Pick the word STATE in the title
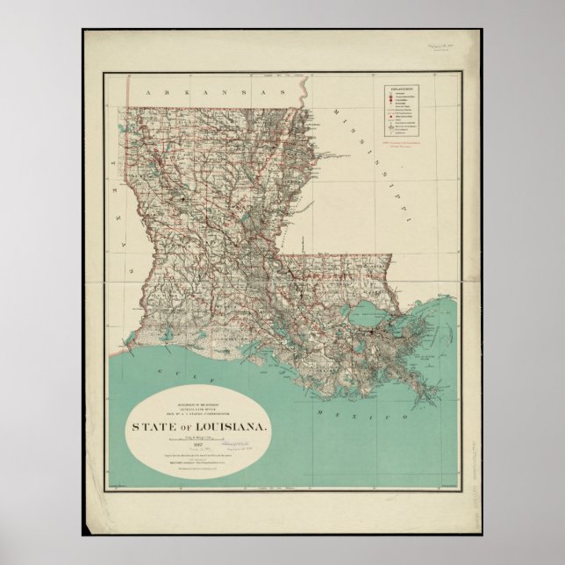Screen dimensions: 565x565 tap(152, 426)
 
